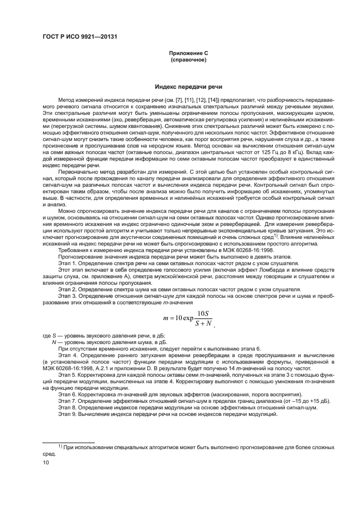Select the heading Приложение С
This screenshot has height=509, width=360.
(187, 53)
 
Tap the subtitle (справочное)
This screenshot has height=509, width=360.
(188, 59)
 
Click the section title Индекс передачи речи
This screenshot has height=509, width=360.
(188, 87)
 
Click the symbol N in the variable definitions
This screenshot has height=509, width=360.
(53, 341)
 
